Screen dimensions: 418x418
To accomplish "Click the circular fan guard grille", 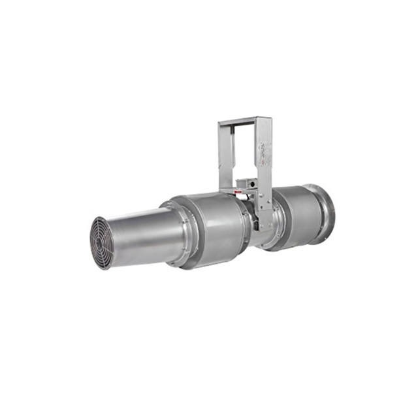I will [x=101, y=242].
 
